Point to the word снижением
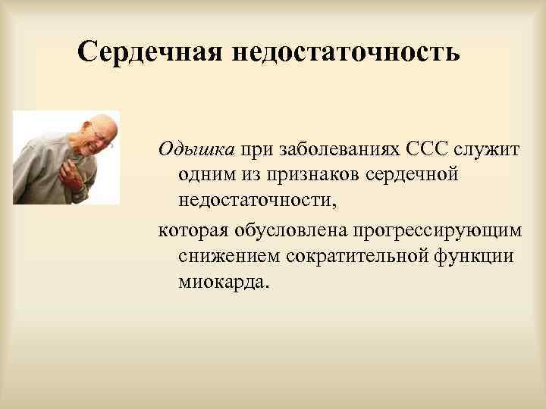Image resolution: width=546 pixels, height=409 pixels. (228, 256)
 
